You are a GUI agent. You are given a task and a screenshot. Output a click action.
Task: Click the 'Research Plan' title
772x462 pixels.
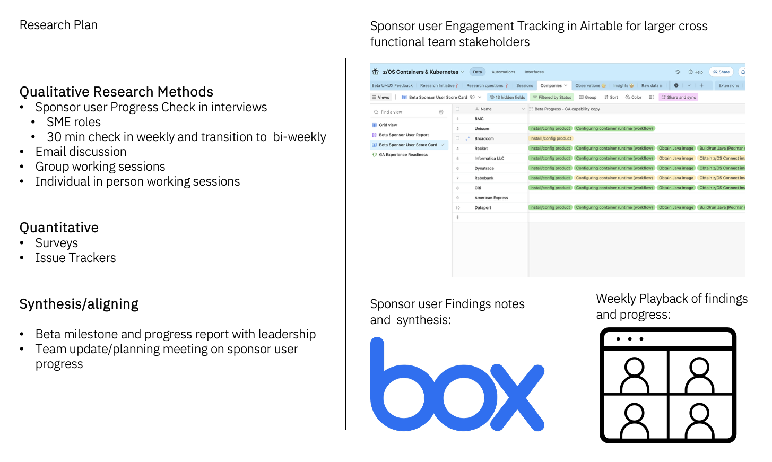click(58, 25)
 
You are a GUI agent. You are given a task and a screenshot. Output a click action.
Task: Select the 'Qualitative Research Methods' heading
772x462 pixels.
click(116, 92)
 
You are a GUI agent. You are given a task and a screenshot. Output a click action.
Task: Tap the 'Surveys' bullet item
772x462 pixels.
click(56, 243)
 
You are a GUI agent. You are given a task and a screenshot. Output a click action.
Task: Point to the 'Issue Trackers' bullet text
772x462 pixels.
click(75, 258)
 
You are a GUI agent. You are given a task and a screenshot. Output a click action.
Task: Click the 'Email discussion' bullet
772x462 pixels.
click(81, 152)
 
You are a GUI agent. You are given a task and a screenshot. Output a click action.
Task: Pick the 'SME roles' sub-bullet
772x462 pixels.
click(73, 122)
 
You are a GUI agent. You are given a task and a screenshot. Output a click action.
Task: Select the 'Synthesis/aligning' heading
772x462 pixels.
click(79, 304)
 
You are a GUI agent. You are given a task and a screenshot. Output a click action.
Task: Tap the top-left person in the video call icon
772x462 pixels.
click(635, 373)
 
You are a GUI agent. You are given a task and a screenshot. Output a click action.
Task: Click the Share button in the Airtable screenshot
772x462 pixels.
click(722, 72)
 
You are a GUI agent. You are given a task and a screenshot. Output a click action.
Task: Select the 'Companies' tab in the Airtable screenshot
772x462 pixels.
click(551, 85)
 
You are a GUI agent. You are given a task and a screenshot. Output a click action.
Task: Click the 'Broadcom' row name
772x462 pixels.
click(484, 138)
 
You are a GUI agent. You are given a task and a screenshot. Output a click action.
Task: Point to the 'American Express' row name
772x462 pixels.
click(491, 198)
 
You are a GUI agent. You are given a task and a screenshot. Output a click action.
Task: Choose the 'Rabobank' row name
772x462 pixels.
click(484, 178)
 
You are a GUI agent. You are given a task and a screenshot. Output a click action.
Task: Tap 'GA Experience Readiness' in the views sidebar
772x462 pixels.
click(403, 155)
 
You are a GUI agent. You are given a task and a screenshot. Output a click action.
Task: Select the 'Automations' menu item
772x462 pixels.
click(503, 72)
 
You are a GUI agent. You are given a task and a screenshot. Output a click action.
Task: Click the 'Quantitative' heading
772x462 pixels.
click(59, 228)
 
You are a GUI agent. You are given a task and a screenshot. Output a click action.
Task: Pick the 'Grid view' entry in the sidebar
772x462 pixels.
click(388, 125)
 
